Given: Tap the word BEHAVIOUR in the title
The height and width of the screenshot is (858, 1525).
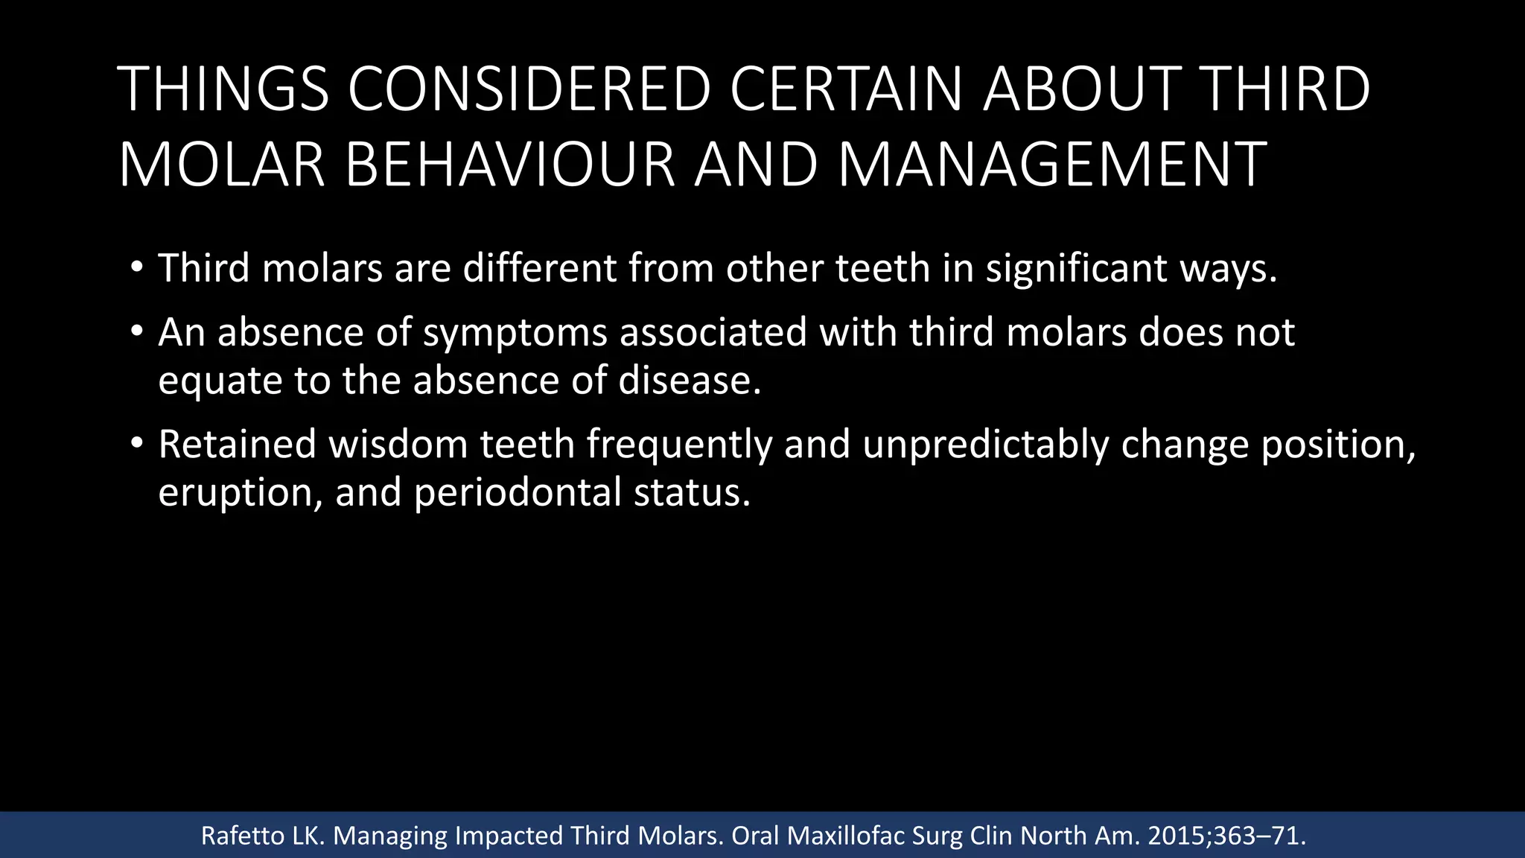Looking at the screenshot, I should (510, 165).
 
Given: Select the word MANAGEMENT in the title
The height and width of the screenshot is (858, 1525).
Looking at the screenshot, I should (1052, 165).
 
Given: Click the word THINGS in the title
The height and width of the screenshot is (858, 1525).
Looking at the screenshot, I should (223, 89).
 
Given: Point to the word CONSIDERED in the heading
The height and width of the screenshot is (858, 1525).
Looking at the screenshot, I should (529, 89).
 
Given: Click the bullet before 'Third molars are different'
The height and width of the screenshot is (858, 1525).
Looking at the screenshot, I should (136, 266).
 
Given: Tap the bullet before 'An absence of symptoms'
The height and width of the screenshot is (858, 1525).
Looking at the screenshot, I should (136, 330).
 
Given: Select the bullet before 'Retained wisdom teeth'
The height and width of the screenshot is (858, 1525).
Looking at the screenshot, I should (136, 442).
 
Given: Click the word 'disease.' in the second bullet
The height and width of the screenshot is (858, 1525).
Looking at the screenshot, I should (690, 381).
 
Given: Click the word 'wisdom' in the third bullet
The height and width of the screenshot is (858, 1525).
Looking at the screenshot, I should (398, 445).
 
